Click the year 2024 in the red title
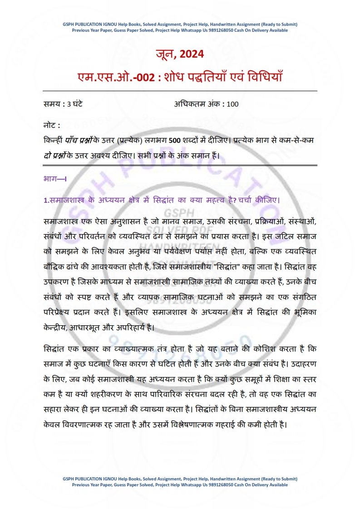[192, 54]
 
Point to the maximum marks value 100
[232, 104]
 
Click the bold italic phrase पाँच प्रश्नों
[81, 140]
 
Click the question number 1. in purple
[46, 200]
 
